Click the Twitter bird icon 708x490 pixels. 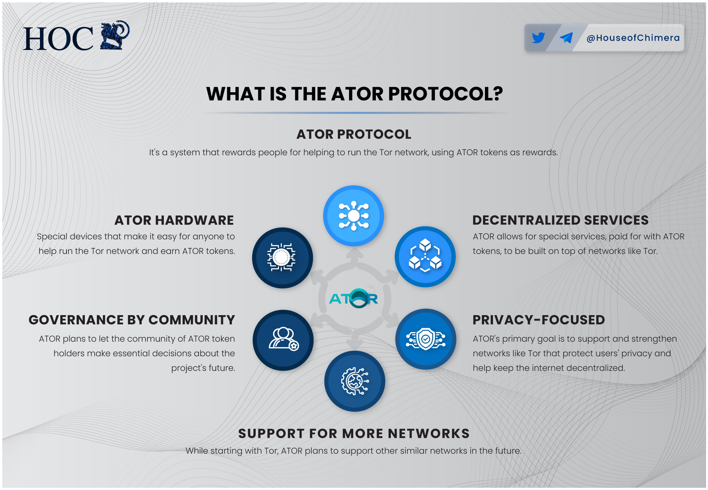tap(538, 38)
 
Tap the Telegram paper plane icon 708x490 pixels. tap(566, 38)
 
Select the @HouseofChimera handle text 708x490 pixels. tap(633, 38)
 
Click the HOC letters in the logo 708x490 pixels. tap(58, 39)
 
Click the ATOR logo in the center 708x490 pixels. tap(354, 299)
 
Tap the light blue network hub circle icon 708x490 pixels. tap(354, 216)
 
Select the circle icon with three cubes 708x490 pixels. tap(425, 257)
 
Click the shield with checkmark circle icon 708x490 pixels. tap(426, 339)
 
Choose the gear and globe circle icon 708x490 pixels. tap(355, 381)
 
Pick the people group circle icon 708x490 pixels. tap(283, 340)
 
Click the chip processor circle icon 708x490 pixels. tap(282, 257)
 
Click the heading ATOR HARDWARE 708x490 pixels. tap(174, 220)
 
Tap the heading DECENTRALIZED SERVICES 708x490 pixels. tap(560, 220)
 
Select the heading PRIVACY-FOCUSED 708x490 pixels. tap(538, 320)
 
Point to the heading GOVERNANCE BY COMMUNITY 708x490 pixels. tap(132, 320)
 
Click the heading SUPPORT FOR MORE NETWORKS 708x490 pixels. tap(354, 434)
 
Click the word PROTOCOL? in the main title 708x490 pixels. tap(445, 94)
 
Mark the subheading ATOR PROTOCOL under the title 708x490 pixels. tap(354, 134)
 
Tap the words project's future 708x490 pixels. tap(203, 368)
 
